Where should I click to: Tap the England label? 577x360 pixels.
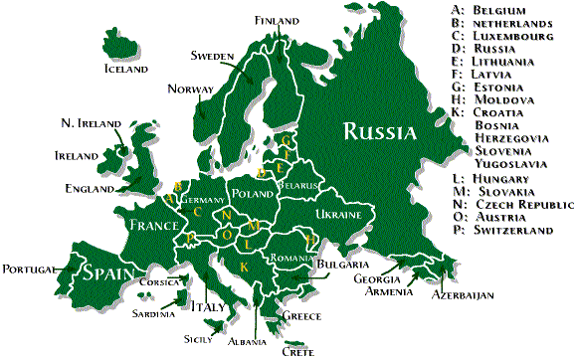click(89, 188)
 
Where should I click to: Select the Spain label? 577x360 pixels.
click(110, 272)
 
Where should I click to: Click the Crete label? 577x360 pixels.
click(297, 350)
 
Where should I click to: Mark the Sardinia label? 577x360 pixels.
click(153, 313)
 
